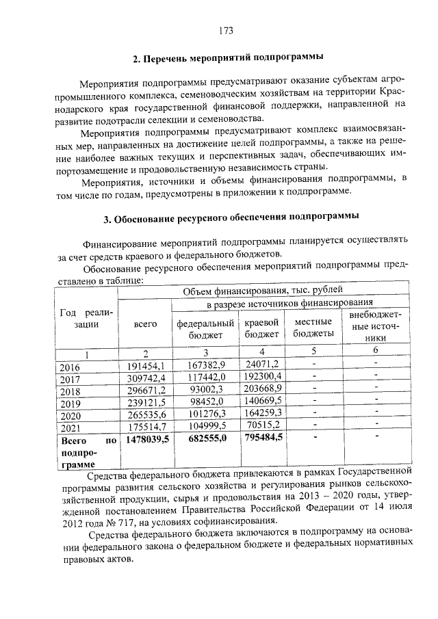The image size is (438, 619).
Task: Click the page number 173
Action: click(x=227, y=30)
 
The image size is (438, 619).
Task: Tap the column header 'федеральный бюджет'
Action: click(x=206, y=328)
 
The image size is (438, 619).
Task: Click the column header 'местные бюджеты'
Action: click(x=313, y=328)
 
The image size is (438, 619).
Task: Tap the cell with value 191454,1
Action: click(x=146, y=367)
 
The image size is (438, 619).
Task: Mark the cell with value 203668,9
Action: click(x=263, y=391)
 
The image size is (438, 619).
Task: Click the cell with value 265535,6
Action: click(x=146, y=416)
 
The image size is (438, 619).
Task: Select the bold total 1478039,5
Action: click(x=146, y=441)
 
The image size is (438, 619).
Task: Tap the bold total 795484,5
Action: click(x=263, y=441)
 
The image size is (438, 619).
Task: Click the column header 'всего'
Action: click(x=145, y=324)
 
